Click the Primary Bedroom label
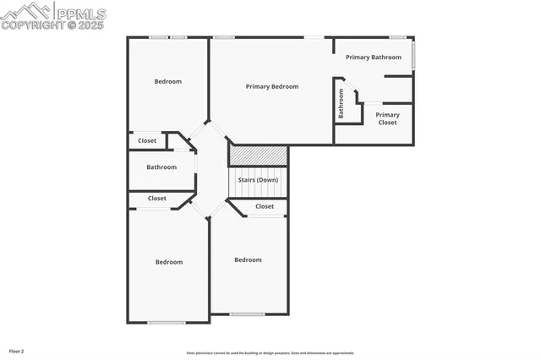click(x=271, y=86)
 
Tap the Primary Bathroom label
click(x=373, y=57)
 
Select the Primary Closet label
click(x=387, y=118)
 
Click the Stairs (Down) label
click(x=257, y=180)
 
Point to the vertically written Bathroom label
click(x=342, y=103)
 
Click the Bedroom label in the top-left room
click(x=167, y=82)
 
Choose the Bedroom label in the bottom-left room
click(x=168, y=262)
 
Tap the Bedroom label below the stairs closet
click(x=248, y=259)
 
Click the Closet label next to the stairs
click(x=265, y=206)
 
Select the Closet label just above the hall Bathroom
click(x=147, y=141)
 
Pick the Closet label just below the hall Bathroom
click(x=157, y=199)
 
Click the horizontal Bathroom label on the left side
click(x=161, y=167)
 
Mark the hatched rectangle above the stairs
click(x=259, y=155)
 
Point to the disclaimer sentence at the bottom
click(x=270, y=352)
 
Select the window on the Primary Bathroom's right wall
click(x=413, y=55)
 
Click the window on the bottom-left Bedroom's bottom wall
click(x=167, y=322)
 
